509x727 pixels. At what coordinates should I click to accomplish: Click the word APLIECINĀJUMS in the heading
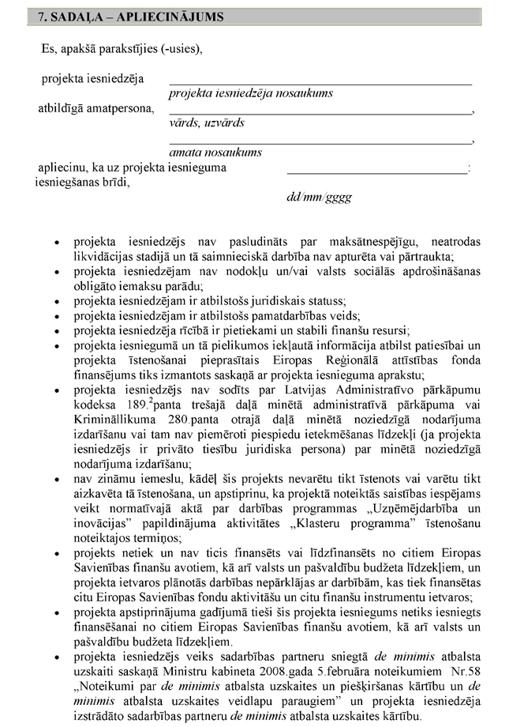click(156, 16)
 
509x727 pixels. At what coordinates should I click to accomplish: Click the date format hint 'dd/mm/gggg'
click(319, 197)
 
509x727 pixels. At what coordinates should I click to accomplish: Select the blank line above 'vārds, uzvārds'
click(320, 112)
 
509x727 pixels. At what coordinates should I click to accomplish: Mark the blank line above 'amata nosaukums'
click(320, 141)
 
